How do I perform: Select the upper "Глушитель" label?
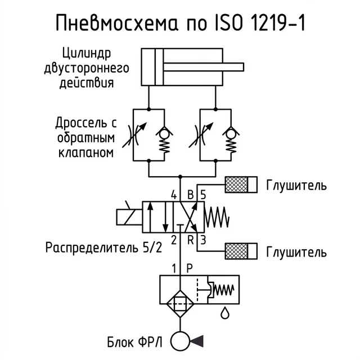[x=296, y=184]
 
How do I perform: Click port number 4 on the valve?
[x=174, y=195]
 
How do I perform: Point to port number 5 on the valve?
[x=203, y=195]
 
